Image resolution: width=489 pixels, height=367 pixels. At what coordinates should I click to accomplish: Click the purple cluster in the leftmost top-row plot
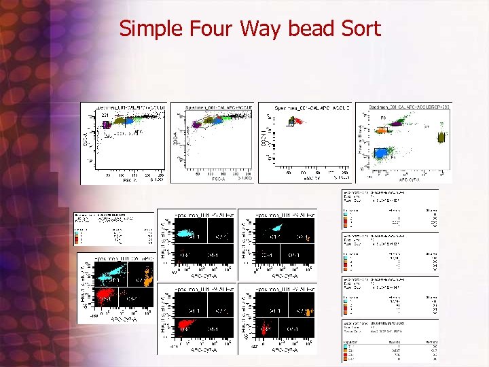107,123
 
